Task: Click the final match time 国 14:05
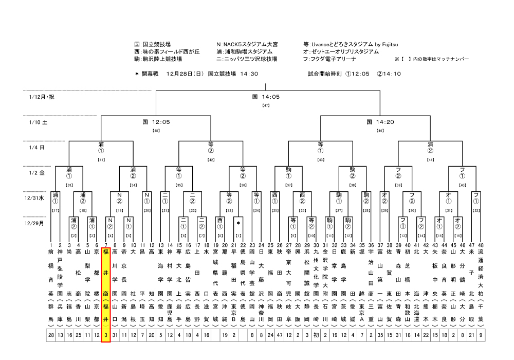coord(265,96)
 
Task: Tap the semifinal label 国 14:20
coord(380,122)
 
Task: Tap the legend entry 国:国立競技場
coord(152,45)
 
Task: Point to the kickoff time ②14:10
coord(389,74)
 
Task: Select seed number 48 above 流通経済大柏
coord(481,245)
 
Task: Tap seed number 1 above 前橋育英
coord(51,245)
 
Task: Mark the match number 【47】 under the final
coord(266,105)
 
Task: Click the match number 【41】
coord(101,160)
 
